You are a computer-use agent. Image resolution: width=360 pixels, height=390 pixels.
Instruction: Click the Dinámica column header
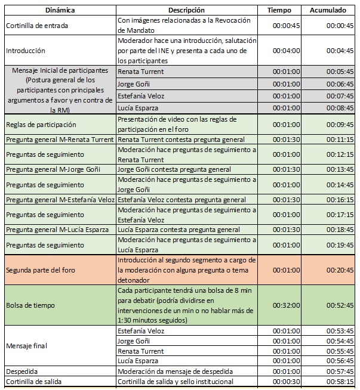click(60, 10)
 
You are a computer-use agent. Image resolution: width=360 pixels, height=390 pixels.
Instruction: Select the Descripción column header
click(186, 10)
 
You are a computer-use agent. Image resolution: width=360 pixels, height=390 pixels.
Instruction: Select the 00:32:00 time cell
click(287, 305)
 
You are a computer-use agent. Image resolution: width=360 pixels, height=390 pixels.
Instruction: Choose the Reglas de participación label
click(41, 125)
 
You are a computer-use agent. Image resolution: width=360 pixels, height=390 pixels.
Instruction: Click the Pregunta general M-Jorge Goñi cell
click(54, 169)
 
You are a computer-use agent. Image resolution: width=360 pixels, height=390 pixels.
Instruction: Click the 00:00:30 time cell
click(287, 382)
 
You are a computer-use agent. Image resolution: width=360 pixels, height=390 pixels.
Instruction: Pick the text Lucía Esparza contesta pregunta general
click(179, 230)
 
